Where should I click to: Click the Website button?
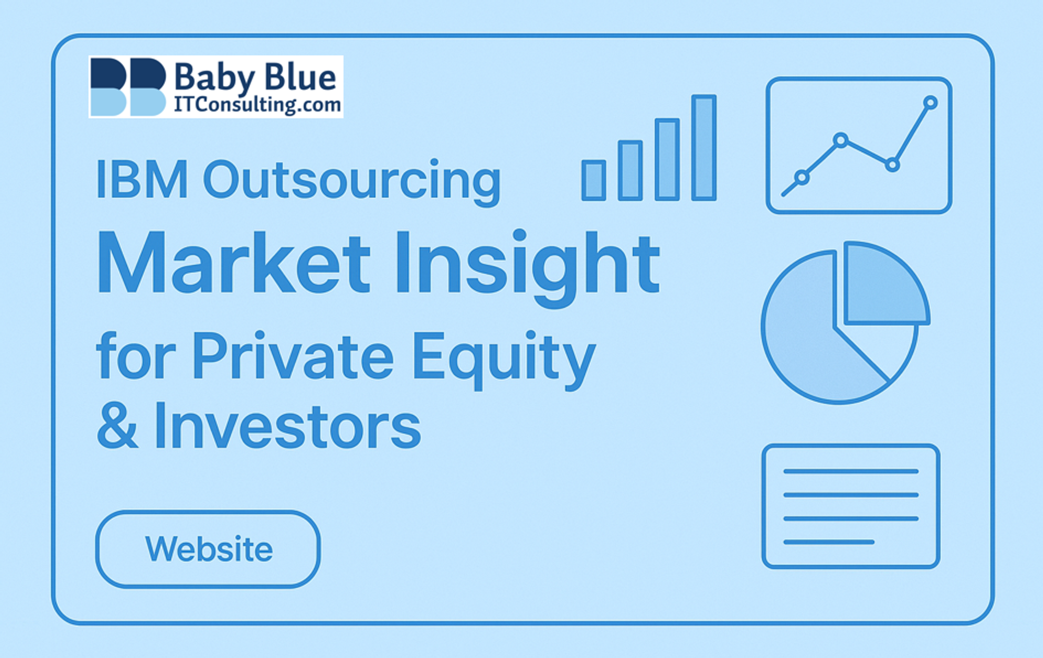(x=208, y=549)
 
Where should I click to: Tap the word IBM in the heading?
(x=142, y=180)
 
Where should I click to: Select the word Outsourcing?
(x=352, y=182)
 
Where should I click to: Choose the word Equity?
(x=504, y=359)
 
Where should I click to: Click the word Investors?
(x=287, y=426)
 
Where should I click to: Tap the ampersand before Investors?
(x=117, y=426)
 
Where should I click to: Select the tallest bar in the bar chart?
(x=704, y=147)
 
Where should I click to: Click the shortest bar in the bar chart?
(x=593, y=180)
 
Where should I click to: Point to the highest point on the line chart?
(x=930, y=103)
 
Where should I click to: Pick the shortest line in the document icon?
(x=829, y=542)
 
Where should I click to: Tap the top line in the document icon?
(x=851, y=471)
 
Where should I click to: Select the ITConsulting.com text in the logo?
(x=257, y=105)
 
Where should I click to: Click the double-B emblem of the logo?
(x=128, y=87)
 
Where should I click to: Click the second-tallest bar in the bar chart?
(x=667, y=159)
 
